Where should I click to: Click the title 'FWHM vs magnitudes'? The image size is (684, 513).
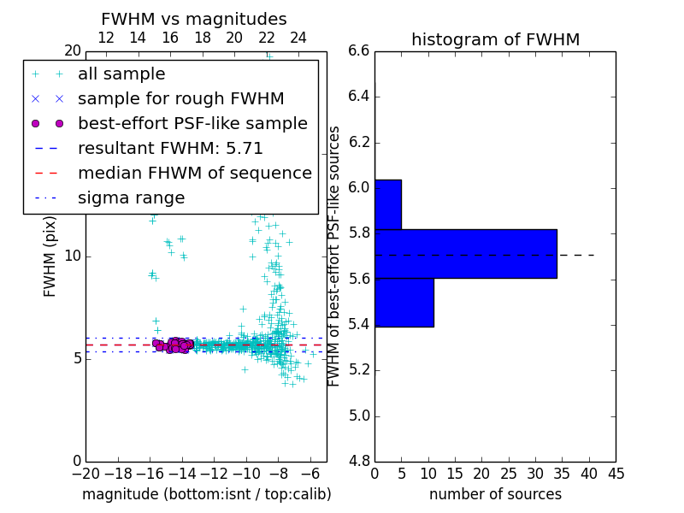tap(193, 19)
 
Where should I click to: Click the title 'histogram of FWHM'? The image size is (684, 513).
tap(495, 39)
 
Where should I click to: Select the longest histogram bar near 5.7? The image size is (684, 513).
tap(465, 254)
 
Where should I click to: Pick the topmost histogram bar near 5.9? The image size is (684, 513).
tap(387, 204)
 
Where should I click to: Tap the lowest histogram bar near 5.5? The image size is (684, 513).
tap(404, 302)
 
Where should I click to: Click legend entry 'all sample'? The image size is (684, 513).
tap(121, 74)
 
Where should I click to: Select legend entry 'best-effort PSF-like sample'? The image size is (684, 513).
tap(192, 123)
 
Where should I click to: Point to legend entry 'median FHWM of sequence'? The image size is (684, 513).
tap(194, 173)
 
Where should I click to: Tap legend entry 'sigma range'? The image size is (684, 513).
tap(131, 198)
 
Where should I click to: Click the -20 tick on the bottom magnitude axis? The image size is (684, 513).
tap(85, 473)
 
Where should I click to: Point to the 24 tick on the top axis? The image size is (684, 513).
tap(298, 38)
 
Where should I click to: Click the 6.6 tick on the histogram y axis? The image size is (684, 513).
tap(359, 50)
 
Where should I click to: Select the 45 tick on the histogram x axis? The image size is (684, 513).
tap(616, 473)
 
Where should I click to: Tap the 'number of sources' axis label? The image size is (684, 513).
tap(495, 494)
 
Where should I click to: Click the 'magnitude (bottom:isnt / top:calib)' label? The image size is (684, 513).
tap(206, 494)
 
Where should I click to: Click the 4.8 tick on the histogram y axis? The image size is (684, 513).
tap(359, 462)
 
